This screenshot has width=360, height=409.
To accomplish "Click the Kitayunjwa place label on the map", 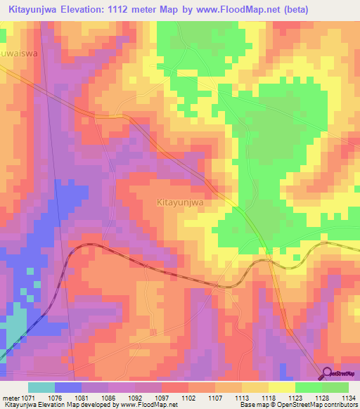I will pos(179,202).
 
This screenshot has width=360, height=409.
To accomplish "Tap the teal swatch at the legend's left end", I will pos(41,387).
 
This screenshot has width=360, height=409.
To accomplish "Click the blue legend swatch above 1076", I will pos(68,387).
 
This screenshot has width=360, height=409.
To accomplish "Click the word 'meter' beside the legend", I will pos(10,398).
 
